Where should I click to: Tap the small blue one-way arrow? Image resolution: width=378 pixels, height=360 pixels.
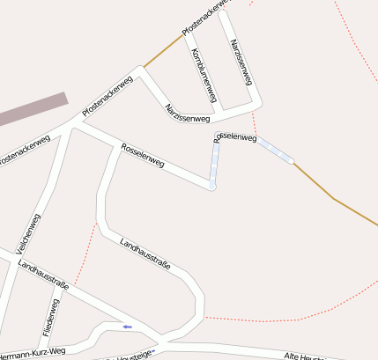tap(128, 327)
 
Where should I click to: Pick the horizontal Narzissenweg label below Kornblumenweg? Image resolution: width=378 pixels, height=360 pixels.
tap(187, 113)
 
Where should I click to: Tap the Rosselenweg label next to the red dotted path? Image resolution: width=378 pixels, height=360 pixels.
tap(235, 137)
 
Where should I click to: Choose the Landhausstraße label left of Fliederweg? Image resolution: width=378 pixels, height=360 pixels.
tap(43, 276)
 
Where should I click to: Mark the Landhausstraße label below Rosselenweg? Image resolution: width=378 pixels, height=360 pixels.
tap(145, 253)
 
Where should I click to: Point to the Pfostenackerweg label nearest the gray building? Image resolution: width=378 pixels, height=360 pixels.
tap(107, 97)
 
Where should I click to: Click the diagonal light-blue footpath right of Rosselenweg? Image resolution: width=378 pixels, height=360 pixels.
tap(275, 151)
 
